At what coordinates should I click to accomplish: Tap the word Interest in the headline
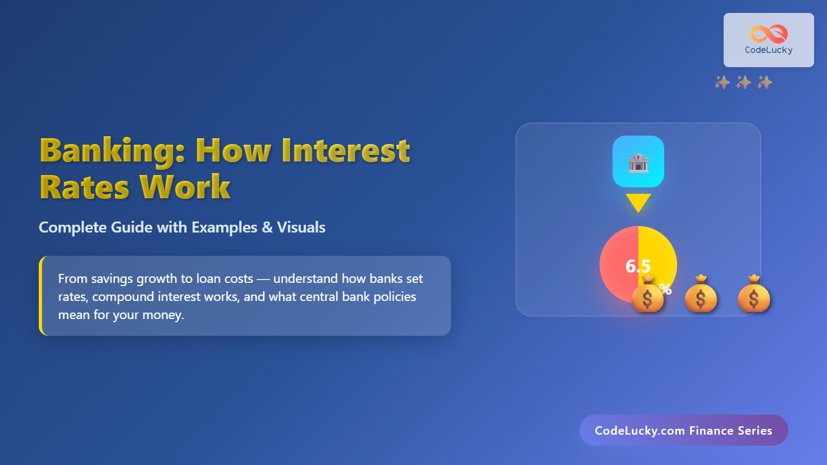click(346, 150)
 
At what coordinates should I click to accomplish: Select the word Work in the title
click(185, 187)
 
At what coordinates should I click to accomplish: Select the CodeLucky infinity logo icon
click(769, 34)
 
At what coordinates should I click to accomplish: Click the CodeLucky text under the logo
click(769, 50)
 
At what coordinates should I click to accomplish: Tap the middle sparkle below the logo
click(743, 82)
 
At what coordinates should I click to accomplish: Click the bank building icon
click(638, 163)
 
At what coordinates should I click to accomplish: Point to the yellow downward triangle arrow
click(638, 203)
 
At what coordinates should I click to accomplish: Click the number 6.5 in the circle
click(638, 266)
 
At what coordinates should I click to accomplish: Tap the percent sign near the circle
click(665, 288)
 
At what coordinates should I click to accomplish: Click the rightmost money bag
click(754, 294)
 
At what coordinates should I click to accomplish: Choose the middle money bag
click(701, 294)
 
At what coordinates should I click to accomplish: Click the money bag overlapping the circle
click(647, 294)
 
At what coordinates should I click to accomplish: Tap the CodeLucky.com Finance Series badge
click(684, 430)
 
